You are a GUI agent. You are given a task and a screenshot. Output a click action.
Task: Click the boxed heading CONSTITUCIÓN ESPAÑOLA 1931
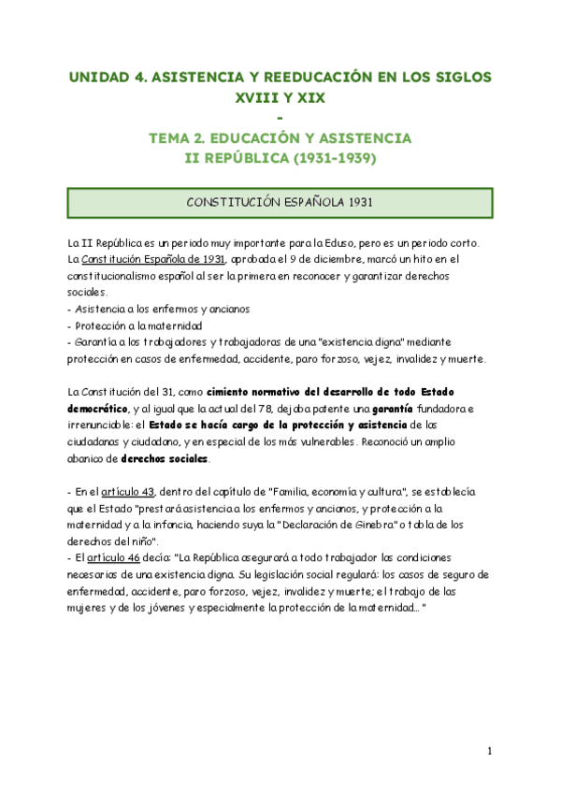pyautogui.click(x=280, y=202)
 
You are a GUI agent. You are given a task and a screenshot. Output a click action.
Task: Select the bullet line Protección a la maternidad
pyautogui.click(x=138, y=325)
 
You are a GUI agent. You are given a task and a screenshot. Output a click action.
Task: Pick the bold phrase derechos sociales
pyautogui.click(x=166, y=459)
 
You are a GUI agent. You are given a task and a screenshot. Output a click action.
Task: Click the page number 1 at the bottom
pyautogui.click(x=489, y=752)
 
